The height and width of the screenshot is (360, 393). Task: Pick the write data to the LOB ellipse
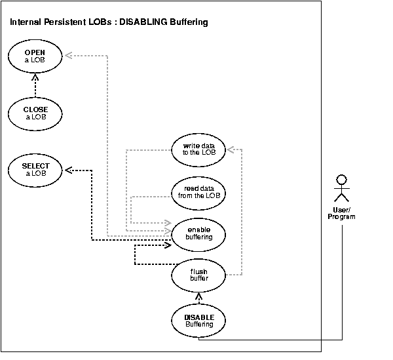click(199, 150)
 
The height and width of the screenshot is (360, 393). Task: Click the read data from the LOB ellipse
click(199, 191)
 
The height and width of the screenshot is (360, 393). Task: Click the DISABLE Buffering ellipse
click(199, 321)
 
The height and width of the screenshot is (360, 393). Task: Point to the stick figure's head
click(340, 178)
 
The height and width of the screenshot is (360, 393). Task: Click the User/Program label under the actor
click(341, 213)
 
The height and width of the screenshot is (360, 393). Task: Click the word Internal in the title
click(26, 22)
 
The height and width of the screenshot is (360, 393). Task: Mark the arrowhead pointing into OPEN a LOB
click(67, 55)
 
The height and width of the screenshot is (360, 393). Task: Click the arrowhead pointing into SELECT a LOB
click(67, 169)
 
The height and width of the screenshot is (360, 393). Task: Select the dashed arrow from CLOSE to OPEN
click(35, 85)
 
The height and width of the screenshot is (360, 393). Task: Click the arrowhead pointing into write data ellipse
click(229, 150)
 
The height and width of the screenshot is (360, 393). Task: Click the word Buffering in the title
click(189, 22)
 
